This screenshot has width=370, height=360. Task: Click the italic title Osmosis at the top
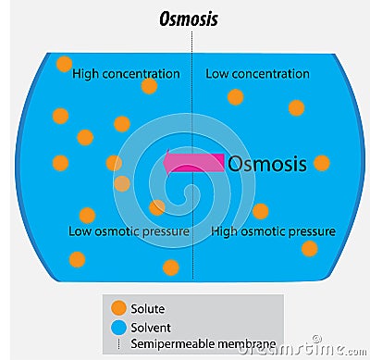coord(189,19)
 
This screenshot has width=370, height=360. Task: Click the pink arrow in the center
coord(192,163)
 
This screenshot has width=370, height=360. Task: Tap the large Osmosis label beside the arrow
coord(266,164)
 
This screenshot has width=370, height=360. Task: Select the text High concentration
coord(126,74)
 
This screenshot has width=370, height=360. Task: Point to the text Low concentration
coord(257,74)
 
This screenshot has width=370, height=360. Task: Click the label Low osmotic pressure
coord(129,230)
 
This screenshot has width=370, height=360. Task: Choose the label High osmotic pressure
coord(273,230)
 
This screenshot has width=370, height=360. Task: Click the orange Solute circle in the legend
coord(118,308)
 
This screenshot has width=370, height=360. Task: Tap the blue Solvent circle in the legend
coord(118,327)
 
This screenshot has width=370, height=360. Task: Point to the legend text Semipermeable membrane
coord(204,344)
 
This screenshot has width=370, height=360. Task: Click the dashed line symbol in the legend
coord(118,344)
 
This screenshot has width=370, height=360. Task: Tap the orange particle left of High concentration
coord(64,64)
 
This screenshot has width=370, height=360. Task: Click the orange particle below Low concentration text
coord(236,96)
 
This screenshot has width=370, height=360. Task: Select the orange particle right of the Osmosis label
coord(321,163)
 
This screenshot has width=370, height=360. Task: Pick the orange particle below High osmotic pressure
coord(309,248)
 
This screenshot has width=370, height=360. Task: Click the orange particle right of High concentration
coord(149,86)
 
